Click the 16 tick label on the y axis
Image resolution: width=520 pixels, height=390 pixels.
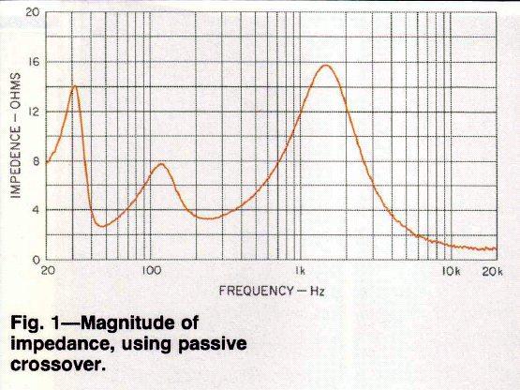click(x=34, y=62)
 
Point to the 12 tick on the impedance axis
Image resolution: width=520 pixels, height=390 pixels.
click(x=34, y=112)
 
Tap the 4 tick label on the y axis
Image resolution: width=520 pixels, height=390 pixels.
click(x=36, y=210)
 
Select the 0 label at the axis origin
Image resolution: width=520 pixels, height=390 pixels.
click(x=36, y=260)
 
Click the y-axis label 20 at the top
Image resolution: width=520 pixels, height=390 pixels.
click(x=33, y=12)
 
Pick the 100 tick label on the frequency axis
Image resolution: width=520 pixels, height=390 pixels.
click(x=151, y=271)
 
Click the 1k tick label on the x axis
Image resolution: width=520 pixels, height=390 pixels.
click(x=300, y=271)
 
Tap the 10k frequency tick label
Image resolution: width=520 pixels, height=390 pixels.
click(x=452, y=272)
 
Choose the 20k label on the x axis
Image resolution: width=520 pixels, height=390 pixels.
click(x=493, y=272)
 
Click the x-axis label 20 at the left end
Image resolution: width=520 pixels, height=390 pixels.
click(x=49, y=271)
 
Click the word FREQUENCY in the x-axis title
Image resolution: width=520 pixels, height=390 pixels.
click(x=256, y=291)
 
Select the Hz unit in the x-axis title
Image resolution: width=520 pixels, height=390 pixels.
click(x=317, y=292)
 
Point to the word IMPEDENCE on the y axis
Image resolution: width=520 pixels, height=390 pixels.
click(x=16, y=162)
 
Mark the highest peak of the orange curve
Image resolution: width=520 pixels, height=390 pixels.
click(x=326, y=65)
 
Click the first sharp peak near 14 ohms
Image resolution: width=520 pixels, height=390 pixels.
click(x=75, y=86)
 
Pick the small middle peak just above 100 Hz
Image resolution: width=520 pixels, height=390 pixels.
click(x=161, y=164)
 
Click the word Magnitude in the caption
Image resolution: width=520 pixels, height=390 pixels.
click(x=140, y=322)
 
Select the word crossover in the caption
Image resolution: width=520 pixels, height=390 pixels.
click(x=55, y=365)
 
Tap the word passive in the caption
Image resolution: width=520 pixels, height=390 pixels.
click(x=213, y=344)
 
